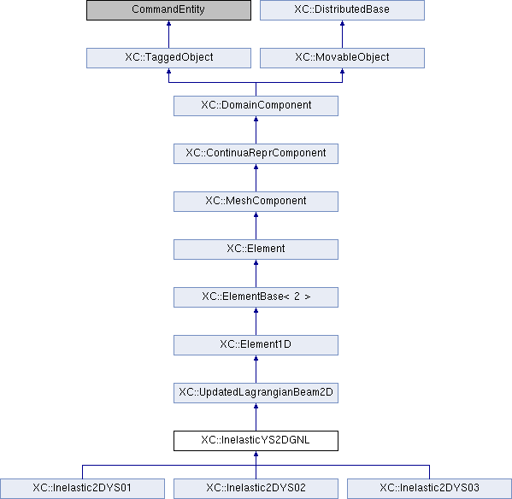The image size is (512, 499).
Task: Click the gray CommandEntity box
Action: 168,9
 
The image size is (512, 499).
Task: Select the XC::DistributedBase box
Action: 342,9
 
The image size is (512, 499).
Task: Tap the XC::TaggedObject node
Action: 168,58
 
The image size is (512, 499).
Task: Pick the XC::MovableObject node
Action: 342,58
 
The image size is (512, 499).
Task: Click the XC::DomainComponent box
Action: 256,106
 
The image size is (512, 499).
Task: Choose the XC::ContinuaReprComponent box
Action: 256,154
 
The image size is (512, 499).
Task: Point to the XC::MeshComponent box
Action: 256,202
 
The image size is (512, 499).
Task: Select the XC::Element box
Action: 256,249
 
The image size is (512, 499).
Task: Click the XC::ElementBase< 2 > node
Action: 256,297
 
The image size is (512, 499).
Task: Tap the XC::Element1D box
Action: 256,345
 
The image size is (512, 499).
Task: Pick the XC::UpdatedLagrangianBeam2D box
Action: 256,393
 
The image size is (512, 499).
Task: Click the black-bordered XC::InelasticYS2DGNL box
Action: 256,441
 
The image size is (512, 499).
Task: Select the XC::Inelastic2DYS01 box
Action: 82,489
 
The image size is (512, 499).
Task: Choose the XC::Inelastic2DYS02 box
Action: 256,489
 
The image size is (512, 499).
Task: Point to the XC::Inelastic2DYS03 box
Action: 429,489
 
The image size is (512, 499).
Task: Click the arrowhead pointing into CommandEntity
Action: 168,23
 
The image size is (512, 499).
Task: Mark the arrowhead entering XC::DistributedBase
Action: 342,23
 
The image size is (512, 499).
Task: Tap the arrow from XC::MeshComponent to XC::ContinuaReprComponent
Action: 256,178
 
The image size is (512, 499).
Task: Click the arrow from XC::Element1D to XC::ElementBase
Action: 256,321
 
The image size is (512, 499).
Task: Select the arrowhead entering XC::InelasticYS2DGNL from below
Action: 256,454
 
